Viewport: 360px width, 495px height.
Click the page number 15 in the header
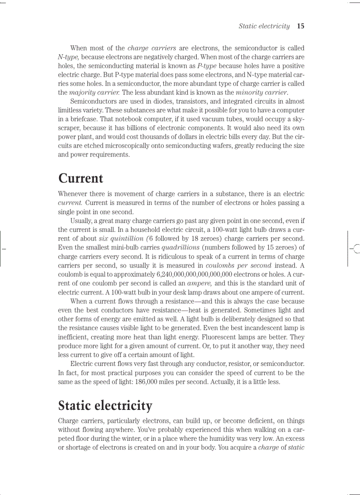300,26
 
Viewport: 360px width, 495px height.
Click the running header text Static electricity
264,26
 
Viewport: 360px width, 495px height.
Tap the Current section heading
81,179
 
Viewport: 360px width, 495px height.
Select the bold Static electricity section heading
105,406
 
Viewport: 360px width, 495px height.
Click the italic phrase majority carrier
95,93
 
